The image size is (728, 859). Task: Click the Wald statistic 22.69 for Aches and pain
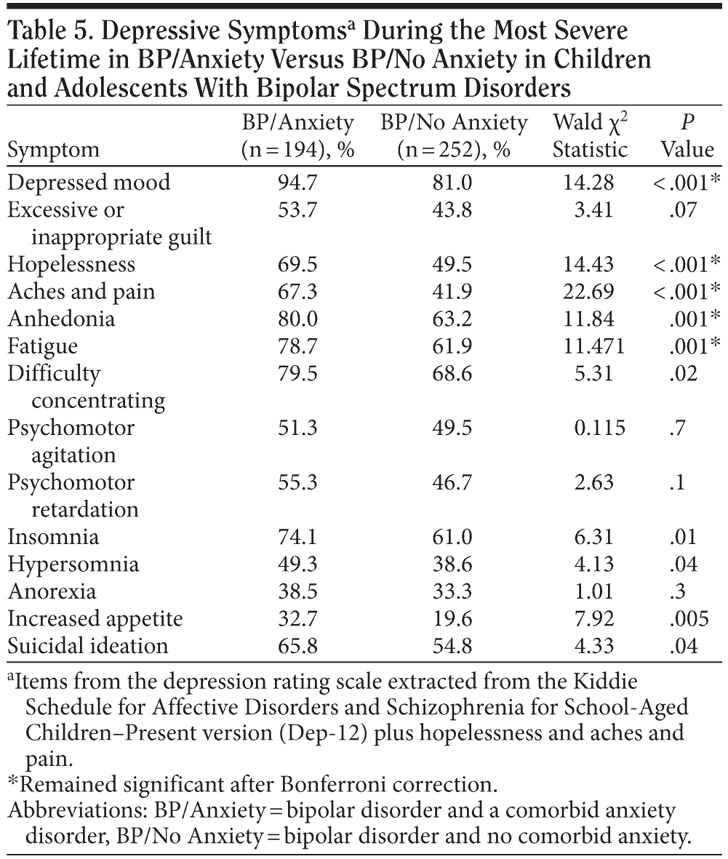tap(588, 291)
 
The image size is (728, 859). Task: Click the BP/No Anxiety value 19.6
tap(454, 618)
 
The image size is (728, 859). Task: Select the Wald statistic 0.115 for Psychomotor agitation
tap(588, 427)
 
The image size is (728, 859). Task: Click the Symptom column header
tap(53, 150)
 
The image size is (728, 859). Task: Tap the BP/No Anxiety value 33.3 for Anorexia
tap(454, 591)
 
